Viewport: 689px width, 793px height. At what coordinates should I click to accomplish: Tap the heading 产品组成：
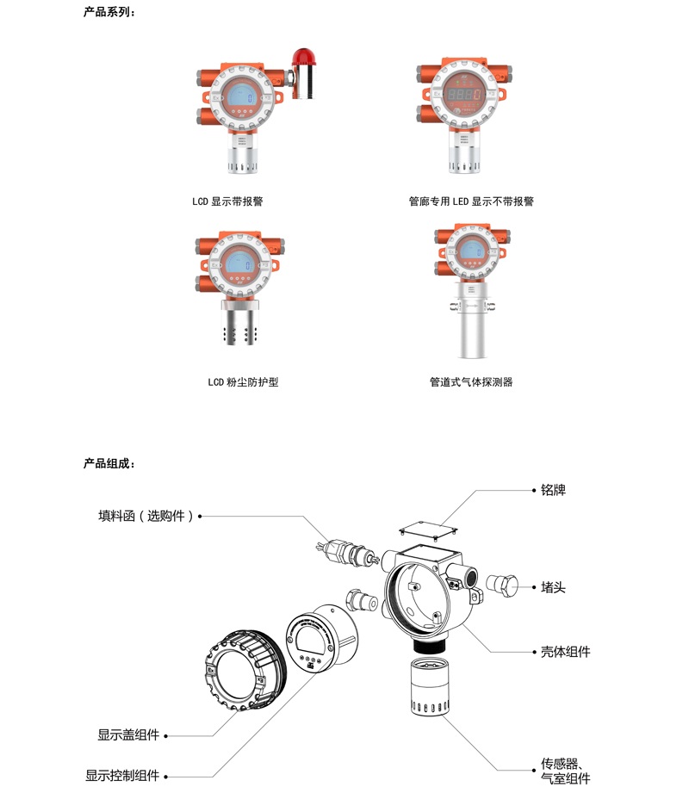pos(109,463)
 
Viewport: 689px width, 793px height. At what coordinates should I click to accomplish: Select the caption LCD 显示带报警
pos(227,201)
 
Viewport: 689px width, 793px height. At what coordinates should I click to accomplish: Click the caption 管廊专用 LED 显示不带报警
pos(471,201)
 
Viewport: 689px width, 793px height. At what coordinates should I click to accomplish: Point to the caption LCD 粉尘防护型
pos(243,381)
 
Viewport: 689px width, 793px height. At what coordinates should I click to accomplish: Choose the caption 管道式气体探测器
pos(471,381)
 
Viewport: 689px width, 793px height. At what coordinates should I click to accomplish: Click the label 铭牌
pos(553,490)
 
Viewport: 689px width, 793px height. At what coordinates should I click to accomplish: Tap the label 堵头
pos(553,587)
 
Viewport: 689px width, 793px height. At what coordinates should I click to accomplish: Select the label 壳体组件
pos(565,653)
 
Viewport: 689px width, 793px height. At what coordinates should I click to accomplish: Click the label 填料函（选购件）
pos(146,517)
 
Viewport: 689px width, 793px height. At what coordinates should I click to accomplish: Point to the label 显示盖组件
pos(128,735)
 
